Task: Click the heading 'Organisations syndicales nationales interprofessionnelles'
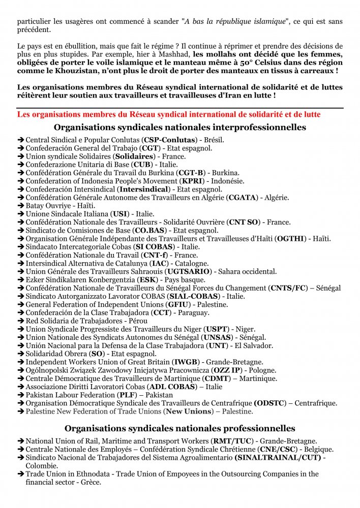180,127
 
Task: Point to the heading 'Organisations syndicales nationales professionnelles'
180,429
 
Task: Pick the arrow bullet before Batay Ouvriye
21,206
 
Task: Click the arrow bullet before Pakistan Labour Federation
21,395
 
